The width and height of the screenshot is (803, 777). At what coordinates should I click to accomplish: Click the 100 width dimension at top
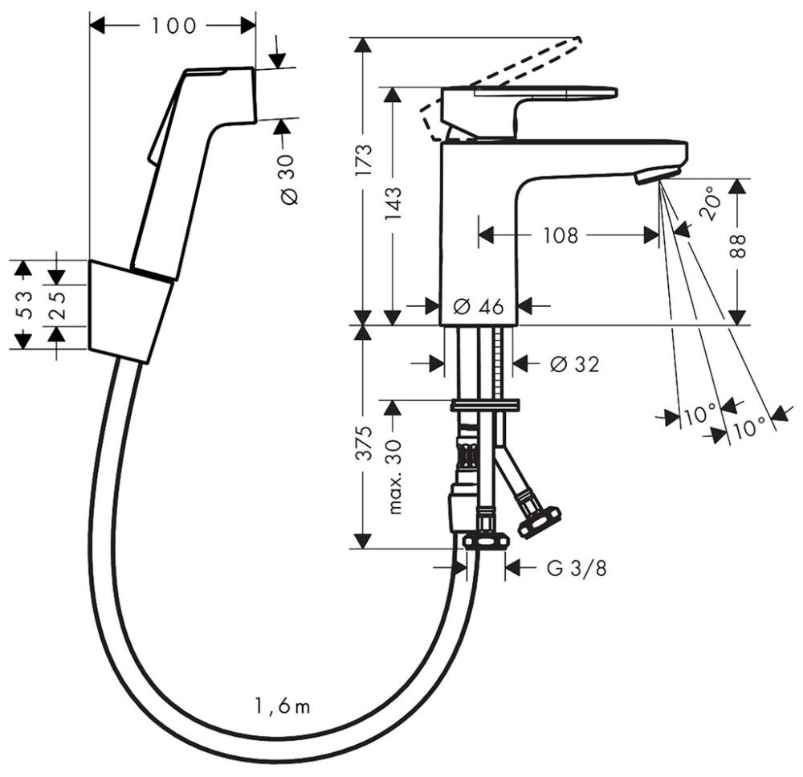(173, 26)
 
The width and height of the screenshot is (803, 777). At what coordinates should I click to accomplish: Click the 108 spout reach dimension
(560, 235)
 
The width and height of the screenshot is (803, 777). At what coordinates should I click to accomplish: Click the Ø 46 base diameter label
(479, 306)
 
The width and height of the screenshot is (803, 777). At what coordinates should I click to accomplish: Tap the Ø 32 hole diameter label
(574, 364)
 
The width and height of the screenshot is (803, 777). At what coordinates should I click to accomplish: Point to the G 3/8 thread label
(577, 569)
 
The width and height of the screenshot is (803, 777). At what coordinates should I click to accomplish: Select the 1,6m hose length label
(282, 707)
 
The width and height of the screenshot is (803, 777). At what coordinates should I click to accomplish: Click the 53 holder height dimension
(25, 305)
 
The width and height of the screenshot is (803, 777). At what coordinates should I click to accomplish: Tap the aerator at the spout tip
(656, 174)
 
